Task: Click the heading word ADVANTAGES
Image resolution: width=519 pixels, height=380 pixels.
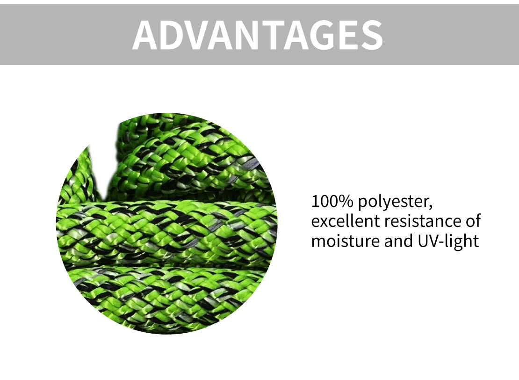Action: click(x=258, y=35)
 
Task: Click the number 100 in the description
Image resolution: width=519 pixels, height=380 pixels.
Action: click(x=326, y=201)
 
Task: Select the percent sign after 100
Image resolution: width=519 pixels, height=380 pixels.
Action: click(x=347, y=201)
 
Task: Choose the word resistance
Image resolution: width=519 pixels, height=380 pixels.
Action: click(x=423, y=221)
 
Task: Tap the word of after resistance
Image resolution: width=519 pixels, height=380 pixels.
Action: click(x=473, y=221)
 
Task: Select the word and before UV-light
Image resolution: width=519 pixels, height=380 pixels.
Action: click(x=398, y=241)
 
